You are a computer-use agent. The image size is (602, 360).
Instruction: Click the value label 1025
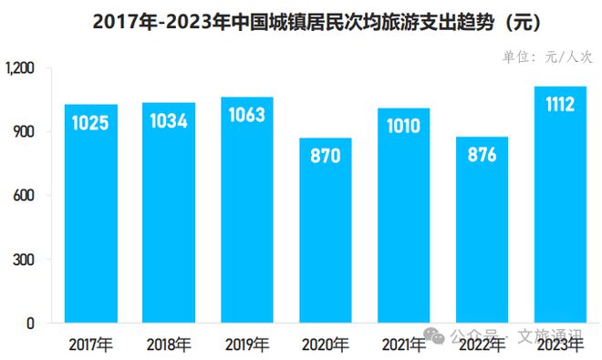coord(91,122)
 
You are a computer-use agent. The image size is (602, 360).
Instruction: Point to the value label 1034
coord(169,120)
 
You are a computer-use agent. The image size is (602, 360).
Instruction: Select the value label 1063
coord(246,115)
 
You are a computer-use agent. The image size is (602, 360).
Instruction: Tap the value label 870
coord(325,156)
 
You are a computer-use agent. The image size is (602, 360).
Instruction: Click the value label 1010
coord(403,126)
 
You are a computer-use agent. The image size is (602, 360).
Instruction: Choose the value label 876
coord(481,155)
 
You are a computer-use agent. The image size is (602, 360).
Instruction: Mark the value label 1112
coord(559,105)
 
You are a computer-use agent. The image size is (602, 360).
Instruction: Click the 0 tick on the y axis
coord(30,324)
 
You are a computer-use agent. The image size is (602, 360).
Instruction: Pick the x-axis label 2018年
coord(169,345)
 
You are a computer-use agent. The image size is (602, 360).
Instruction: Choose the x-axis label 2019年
coord(246,345)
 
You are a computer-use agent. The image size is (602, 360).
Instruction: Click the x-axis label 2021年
coord(403,345)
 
